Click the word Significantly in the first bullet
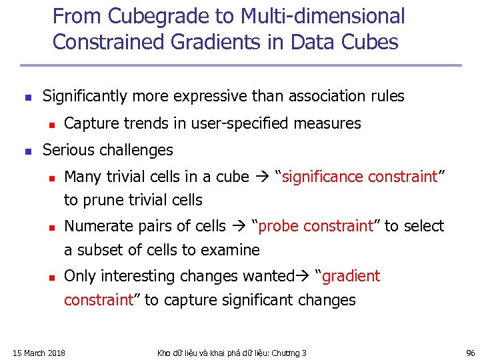[85, 96]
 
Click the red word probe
[280, 227]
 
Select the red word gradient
[351, 276]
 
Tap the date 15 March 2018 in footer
[40, 353]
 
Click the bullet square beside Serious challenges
[26, 151]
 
